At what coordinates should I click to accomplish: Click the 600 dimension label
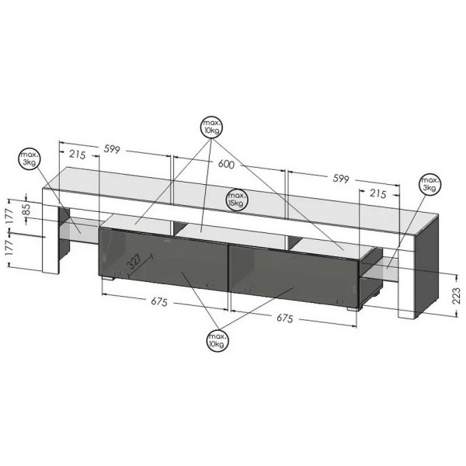pyautogui.click(x=226, y=164)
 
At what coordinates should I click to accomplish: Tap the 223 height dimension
pyautogui.click(x=456, y=295)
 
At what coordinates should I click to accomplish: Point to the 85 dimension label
pyautogui.click(x=26, y=209)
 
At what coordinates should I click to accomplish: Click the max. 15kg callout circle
pyautogui.click(x=236, y=200)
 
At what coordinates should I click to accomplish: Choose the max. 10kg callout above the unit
pyautogui.click(x=211, y=127)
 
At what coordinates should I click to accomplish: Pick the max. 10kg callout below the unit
pyautogui.click(x=217, y=341)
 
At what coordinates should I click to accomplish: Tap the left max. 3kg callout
pyautogui.click(x=30, y=158)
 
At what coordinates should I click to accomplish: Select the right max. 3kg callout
pyautogui.click(x=430, y=184)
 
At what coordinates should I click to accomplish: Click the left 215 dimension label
pyautogui.click(x=77, y=155)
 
